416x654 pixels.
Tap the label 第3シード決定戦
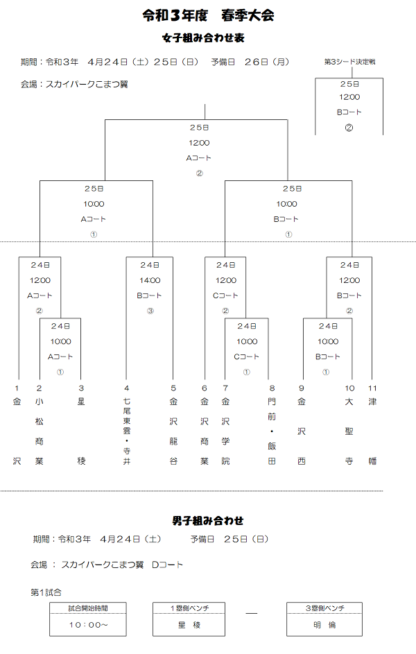pyautogui.click(x=349, y=62)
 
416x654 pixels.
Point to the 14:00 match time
pyautogui.click(x=150, y=280)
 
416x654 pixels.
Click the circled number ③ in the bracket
pyautogui.click(x=150, y=311)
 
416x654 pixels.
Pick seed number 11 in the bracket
pyautogui.click(x=372, y=388)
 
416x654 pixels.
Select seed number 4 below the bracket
pyautogui.click(x=126, y=388)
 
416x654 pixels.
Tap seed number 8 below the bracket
pyautogui.click(x=272, y=388)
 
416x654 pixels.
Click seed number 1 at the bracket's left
pyautogui.click(x=17, y=388)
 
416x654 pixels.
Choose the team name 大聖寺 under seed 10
pyautogui.click(x=350, y=431)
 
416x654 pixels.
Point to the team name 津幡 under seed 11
pyautogui.click(x=372, y=431)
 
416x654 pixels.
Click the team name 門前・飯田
pyautogui.click(x=272, y=431)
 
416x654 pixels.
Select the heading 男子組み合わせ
pyautogui.click(x=207, y=520)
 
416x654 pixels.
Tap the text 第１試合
pyautogui.click(x=46, y=592)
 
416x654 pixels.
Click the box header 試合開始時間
pyautogui.click(x=87, y=608)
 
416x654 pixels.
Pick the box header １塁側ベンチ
pyautogui.click(x=189, y=608)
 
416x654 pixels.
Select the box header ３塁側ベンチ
pyautogui.click(x=325, y=608)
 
